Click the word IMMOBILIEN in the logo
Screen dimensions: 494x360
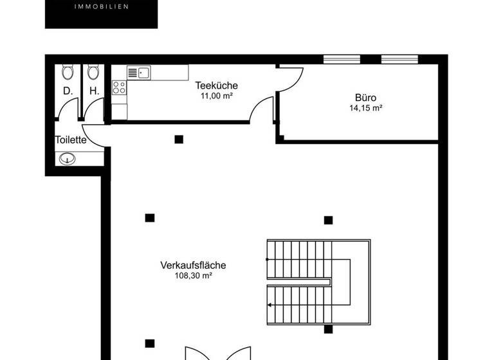pos(102,6)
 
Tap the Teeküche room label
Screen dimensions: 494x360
pos(216,85)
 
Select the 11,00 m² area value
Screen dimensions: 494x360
pos(216,96)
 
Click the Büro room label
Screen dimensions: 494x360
pos(365,97)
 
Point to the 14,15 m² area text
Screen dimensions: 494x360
pos(365,108)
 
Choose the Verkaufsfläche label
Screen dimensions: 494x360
pos(193,265)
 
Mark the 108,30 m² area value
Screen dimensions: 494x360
pos(193,276)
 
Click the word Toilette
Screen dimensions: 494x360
pos(71,140)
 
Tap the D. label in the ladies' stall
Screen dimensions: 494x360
pos(68,91)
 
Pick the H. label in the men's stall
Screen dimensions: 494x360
pos(94,91)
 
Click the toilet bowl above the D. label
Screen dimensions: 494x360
pos(67,72)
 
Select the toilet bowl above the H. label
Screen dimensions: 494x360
pos(93,72)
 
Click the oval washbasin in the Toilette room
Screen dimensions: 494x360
pos(67,159)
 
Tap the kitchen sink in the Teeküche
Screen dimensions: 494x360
pos(139,73)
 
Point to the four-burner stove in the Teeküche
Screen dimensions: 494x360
pos(120,87)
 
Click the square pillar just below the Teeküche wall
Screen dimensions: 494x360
pos(179,139)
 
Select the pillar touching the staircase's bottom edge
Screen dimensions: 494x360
pos(328,329)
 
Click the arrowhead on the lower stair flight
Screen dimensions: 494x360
pos(270,305)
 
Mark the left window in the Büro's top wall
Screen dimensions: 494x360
pos(342,59)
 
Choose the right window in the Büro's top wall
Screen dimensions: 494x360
pos(399,59)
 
